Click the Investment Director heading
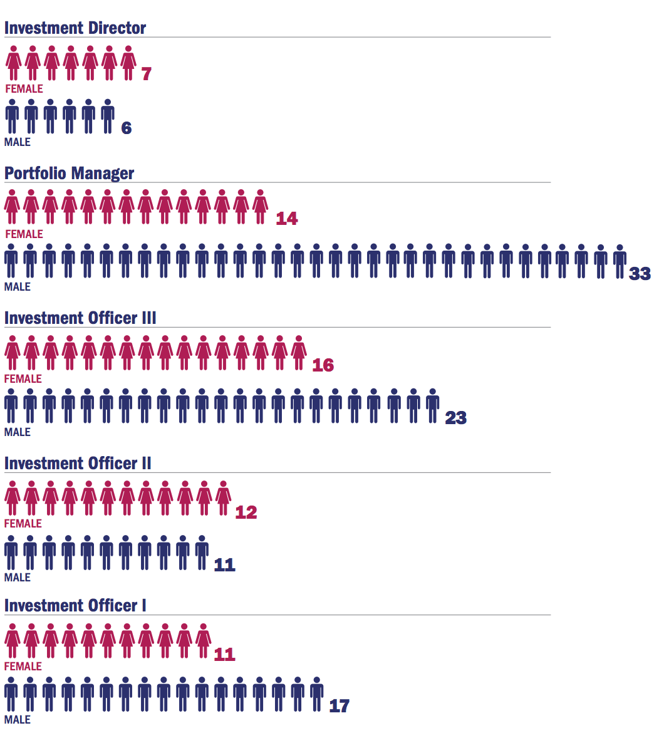(x=75, y=28)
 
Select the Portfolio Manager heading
(x=69, y=174)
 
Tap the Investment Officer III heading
(x=80, y=318)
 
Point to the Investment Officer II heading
(x=78, y=464)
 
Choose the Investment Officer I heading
(x=75, y=606)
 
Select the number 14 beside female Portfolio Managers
(x=287, y=219)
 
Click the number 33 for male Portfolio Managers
(x=640, y=274)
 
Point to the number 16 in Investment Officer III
(x=323, y=365)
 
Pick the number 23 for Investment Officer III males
(x=455, y=418)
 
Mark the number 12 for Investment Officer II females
(x=246, y=512)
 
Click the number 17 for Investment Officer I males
(x=339, y=707)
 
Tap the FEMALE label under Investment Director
(x=24, y=89)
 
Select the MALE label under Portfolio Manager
(x=18, y=287)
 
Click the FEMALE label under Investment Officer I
(x=23, y=667)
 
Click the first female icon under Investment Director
(x=13, y=63)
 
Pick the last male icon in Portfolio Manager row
(x=620, y=261)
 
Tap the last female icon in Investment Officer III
(x=299, y=353)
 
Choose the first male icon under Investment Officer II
(x=11, y=552)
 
